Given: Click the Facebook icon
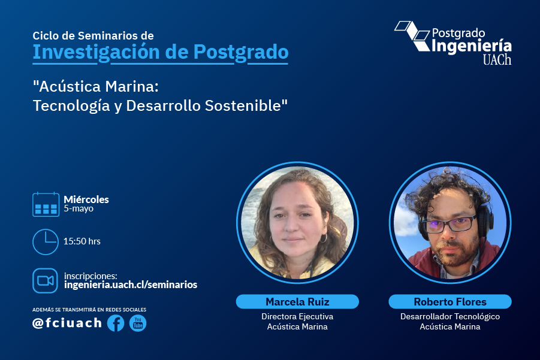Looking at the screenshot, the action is tap(116, 323).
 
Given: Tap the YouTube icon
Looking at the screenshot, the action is tap(138, 323).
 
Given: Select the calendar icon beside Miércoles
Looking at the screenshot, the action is tap(46, 204).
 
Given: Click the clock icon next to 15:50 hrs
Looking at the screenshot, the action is tap(46, 242).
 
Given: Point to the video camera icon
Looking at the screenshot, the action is tap(45, 281).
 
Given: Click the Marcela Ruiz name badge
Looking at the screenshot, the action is tap(297, 302).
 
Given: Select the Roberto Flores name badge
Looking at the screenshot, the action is tap(450, 302).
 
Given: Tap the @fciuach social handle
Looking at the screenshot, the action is tap(67, 323).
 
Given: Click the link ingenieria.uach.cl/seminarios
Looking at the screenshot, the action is tap(131, 285).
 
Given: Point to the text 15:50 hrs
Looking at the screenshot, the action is tap(82, 241).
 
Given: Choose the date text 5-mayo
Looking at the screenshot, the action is tap(79, 208).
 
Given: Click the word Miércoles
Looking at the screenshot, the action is tap(86, 199).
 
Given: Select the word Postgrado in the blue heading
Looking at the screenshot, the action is tap(241, 52).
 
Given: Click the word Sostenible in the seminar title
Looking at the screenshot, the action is tap(246, 105).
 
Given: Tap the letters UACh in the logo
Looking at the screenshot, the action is tap(497, 59).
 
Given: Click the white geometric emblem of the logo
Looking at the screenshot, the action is tap(412, 36).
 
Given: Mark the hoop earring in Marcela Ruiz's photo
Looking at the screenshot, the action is tap(324, 238).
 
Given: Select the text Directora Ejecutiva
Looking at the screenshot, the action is tap(297, 316).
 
